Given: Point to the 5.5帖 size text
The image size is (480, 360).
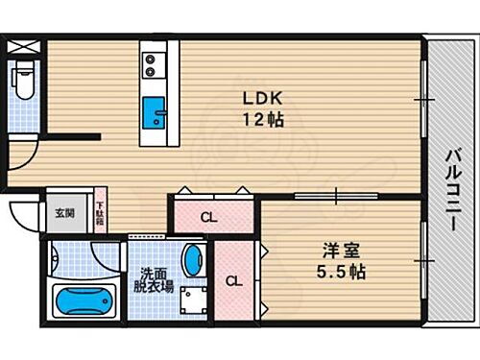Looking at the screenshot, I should [343, 273].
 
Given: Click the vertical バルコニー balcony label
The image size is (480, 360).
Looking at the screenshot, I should [450, 192].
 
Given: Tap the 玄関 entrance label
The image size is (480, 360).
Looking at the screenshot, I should [63, 213].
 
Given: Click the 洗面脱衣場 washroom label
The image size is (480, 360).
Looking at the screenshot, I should [154, 278].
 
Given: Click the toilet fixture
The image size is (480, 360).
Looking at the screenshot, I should [24, 81].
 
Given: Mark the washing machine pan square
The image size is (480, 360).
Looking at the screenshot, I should [195, 300].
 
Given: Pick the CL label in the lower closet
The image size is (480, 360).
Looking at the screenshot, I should [233, 282].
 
